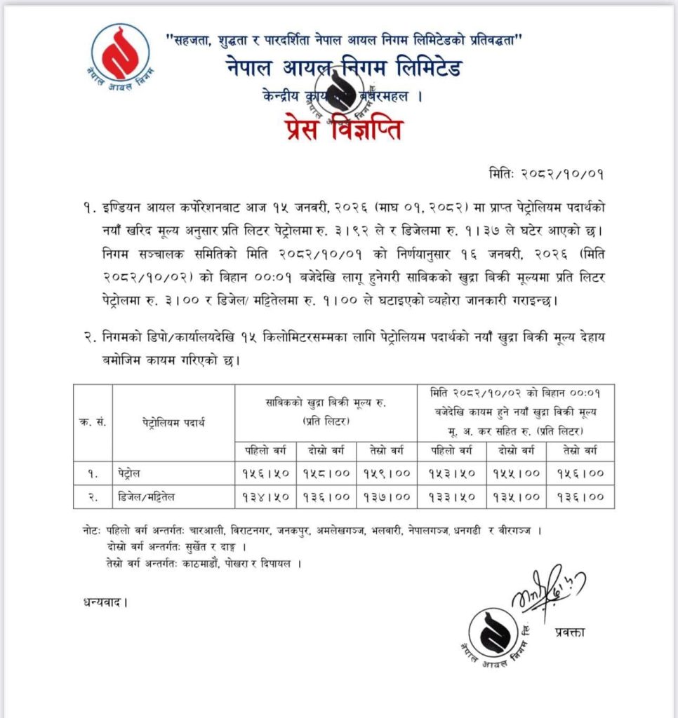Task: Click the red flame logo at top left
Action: click(120, 53)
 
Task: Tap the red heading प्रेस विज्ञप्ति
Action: click(343, 130)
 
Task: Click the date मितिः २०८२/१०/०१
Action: click(546, 171)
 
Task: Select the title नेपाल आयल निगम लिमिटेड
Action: click(344, 71)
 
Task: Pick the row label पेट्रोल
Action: click(130, 473)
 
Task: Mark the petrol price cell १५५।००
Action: click(514, 473)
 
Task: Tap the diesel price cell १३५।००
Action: click(514, 497)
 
